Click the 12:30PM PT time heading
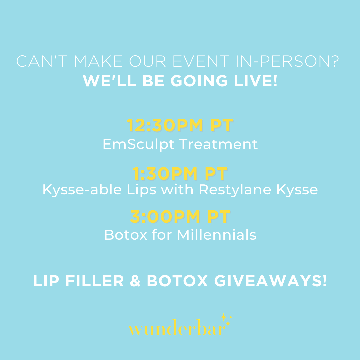tap(180, 125)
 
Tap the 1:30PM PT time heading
tap(180, 174)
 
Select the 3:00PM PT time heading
tap(180, 217)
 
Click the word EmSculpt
tap(138, 145)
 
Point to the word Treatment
tap(218, 144)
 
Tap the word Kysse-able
tap(82, 190)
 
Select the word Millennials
tap(217, 235)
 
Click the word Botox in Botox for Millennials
tap(126, 235)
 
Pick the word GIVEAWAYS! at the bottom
tap(270, 281)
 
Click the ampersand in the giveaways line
tap(135, 281)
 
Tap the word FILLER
tap(95, 281)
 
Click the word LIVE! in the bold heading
tap(256, 81)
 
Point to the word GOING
tap(199, 81)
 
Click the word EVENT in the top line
tap(201, 61)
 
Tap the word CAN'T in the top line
tap(42, 61)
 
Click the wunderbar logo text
tap(177, 328)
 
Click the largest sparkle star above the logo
tap(223, 317)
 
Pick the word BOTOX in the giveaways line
tap(177, 281)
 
